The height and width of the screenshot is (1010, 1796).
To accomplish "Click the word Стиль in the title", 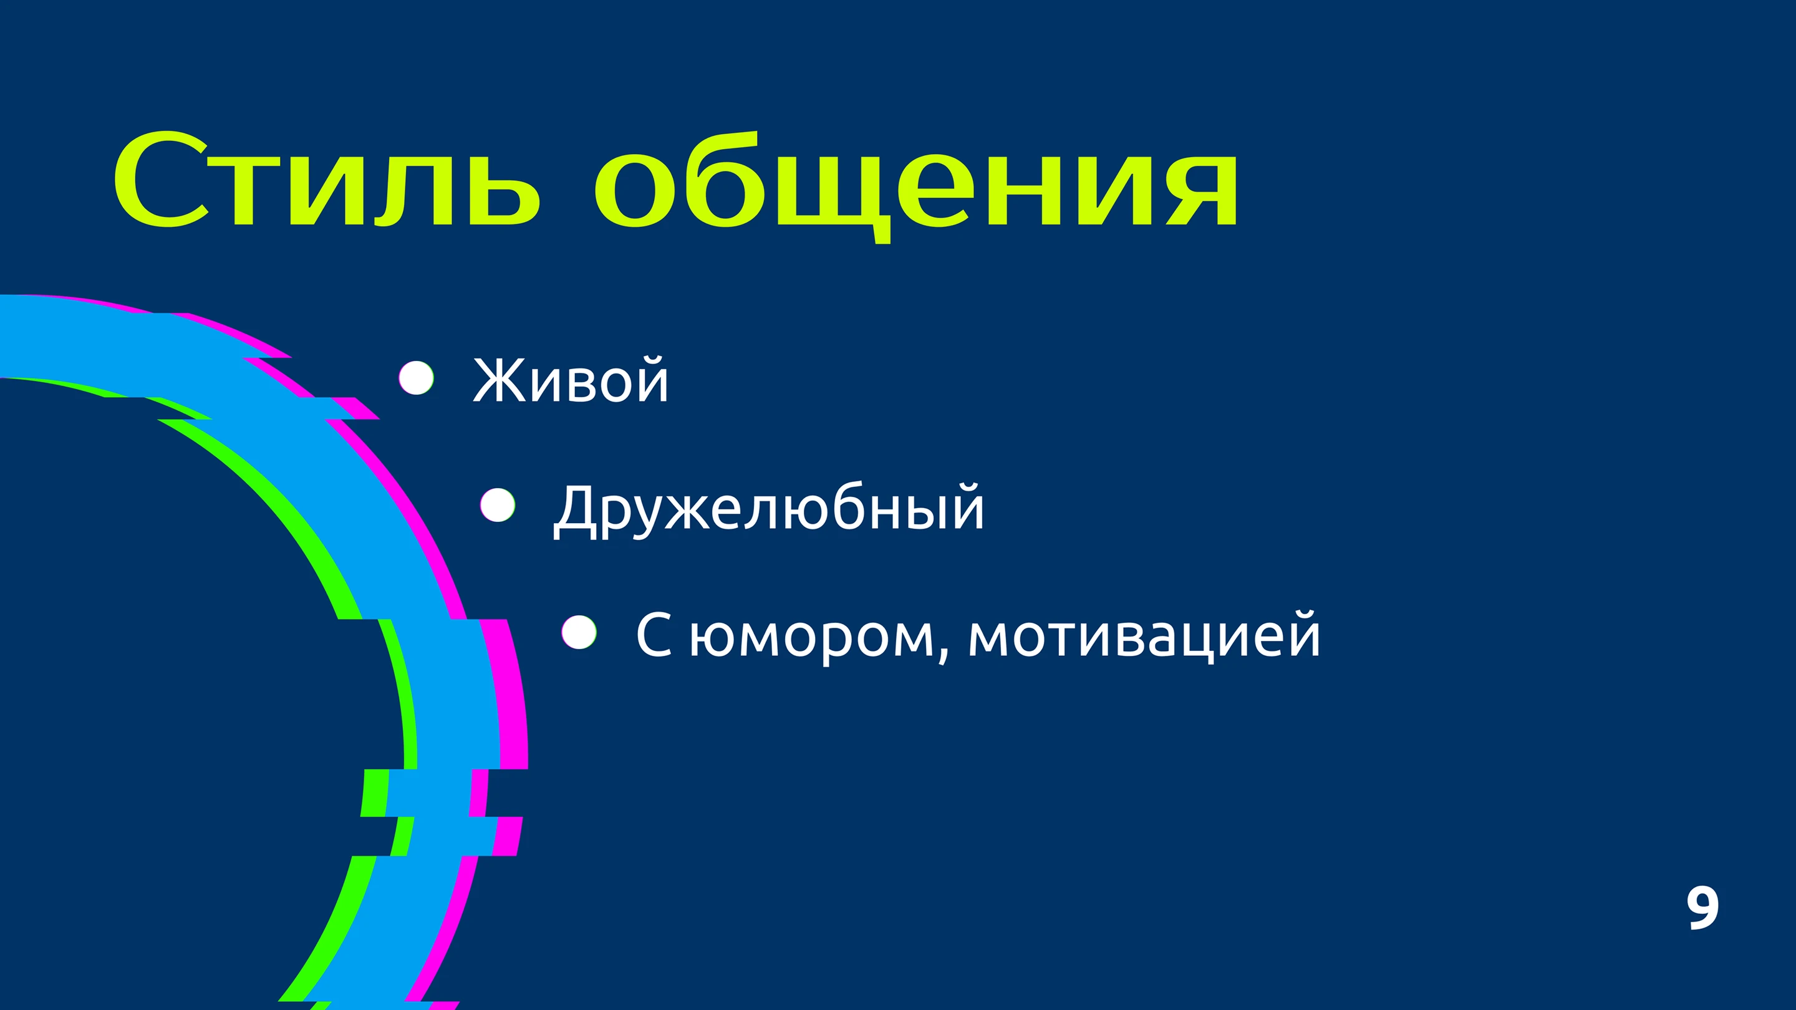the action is pyautogui.click(x=326, y=179).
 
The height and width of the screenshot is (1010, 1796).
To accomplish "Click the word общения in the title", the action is pyautogui.click(x=916, y=187).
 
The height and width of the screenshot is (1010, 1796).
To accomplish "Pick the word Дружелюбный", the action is pyautogui.click(x=768, y=509).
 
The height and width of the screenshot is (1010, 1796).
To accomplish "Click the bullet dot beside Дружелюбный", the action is pyautogui.click(x=498, y=504).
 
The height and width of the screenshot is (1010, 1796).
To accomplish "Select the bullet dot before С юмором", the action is pyautogui.click(x=579, y=632).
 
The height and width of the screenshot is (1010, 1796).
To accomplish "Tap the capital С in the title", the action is pyautogui.click(x=160, y=179).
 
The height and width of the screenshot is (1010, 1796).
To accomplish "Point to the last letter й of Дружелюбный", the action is pyautogui.click(x=964, y=507).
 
